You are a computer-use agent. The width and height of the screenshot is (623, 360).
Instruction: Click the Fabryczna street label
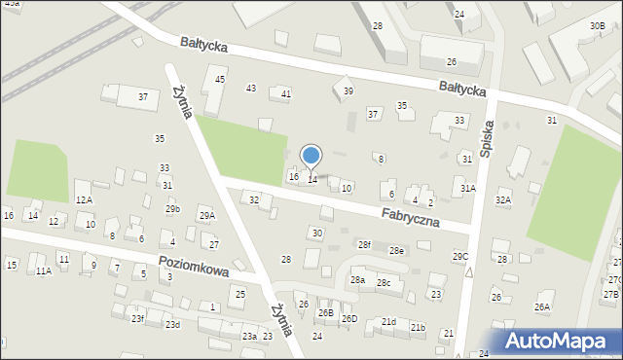(410, 216)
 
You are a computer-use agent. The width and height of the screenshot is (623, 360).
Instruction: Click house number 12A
(84, 199)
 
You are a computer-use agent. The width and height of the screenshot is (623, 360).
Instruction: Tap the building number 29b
(172, 209)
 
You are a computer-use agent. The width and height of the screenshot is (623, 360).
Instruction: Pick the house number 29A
(206, 216)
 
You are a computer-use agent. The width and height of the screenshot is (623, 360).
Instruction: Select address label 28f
(364, 244)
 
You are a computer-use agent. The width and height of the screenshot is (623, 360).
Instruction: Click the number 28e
(397, 251)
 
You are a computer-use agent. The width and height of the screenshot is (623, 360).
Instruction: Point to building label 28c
(384, 283)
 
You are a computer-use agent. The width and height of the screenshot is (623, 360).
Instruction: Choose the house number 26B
(325, 312)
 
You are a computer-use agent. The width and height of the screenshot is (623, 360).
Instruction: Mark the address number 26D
(349, 318)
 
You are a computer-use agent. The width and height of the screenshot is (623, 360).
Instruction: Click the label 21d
(388, 321)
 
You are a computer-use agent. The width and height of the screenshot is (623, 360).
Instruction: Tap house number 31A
(468, 188)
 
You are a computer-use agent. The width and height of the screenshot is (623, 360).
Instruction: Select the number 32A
(503, 199)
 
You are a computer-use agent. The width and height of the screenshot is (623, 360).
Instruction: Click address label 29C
(460, 256)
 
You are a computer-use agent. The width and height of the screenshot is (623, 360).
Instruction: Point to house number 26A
(542, 306)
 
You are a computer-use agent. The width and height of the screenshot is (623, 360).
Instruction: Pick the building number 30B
(597, 25)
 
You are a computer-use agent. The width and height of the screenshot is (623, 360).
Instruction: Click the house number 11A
(44, 271)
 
